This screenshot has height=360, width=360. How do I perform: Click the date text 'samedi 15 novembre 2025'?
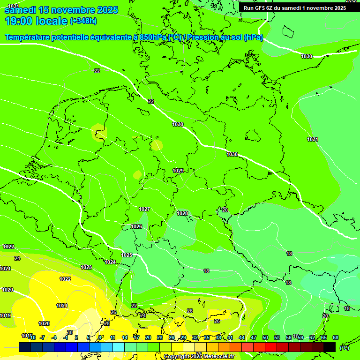61,10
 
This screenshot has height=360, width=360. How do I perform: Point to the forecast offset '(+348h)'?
83,21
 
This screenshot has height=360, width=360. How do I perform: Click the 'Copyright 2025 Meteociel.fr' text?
199,357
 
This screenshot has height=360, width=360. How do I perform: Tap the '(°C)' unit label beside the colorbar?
344,347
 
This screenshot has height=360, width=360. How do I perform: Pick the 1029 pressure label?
178,171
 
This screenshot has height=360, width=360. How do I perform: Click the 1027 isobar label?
144,209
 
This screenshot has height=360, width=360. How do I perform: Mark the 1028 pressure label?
182,213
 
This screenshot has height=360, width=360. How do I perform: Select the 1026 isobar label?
136,226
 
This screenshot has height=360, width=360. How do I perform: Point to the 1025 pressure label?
127,255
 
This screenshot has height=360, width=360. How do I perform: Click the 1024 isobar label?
110,262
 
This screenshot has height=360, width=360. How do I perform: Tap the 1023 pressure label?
86,267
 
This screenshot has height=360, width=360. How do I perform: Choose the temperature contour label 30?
70,332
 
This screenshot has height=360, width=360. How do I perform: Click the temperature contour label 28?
106,323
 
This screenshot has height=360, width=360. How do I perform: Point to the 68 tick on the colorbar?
335,337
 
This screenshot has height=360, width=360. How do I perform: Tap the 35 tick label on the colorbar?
207,337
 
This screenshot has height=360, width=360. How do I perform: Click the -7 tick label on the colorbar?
42,337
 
